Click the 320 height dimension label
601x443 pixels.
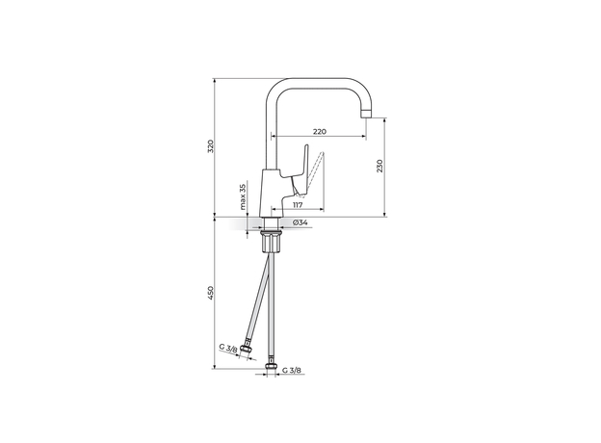(211, 146)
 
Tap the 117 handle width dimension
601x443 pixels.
(298, 204)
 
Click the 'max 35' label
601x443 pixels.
(243, 196)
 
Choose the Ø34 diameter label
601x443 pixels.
(300, 222)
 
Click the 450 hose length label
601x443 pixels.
(211, 293)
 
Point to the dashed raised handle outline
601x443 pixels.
(312, 169)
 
